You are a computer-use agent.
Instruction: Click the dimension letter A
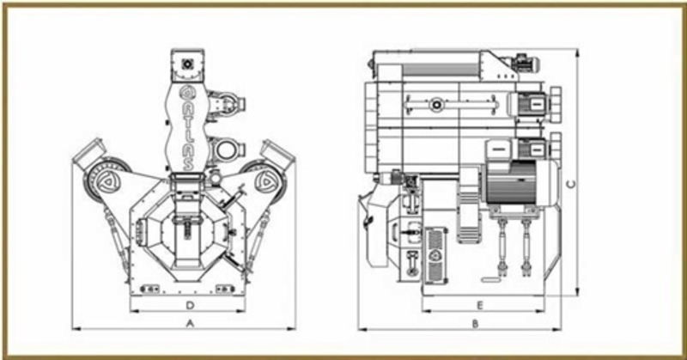tap(190, 324)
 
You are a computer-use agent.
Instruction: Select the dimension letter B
tap(476, 324)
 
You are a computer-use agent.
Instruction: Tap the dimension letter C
tap(571, 185)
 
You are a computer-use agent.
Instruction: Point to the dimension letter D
tap(190, 305)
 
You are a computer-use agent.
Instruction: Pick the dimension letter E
tap(479, 305)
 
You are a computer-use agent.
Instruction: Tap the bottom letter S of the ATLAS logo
tap(187, 163)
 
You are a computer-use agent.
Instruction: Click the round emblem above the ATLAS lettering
tap(186, 92)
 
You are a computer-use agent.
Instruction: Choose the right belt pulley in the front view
tap(264, 180)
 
